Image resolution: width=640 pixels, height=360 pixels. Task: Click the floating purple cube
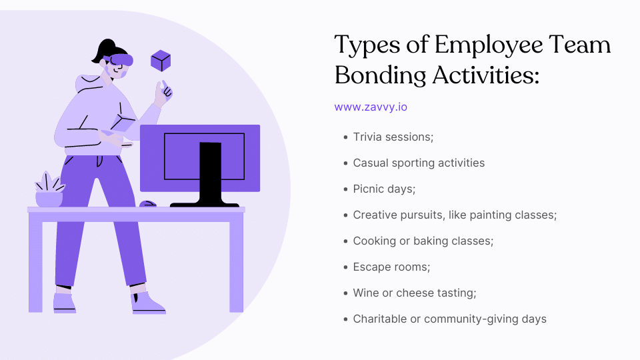[x=161, y=61]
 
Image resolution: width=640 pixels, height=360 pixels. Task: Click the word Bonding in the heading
[x=379, y=75]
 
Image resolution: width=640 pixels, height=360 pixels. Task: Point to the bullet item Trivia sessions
[x=393, y=137]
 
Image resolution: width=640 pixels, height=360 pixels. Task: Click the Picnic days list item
[x=384, y=189]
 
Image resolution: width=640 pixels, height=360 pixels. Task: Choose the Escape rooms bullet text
[x=391, y=267]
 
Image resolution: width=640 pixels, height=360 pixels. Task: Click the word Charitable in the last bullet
[x=381, y=319]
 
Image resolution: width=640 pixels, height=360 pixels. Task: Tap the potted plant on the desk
[x=48, y=190]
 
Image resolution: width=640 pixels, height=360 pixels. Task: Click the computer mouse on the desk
[x=148, y=203]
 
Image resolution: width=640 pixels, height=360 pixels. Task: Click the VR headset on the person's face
[x=119, y=61]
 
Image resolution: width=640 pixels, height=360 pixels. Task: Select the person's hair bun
[x=104, y=48]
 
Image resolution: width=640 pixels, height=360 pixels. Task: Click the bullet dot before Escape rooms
[x=345, y=267]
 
